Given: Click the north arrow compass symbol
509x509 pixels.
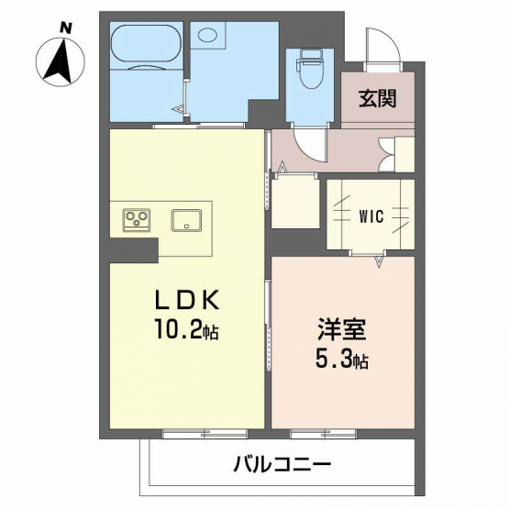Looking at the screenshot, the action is [x=60, y=61].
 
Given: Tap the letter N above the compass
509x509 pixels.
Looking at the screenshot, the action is [x=66, y=28].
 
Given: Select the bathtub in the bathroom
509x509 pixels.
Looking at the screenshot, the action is [x=147, y=46].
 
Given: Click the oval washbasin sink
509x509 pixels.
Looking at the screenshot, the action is [x=208, y=34].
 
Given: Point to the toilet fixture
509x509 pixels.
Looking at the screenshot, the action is [x=309, y=69].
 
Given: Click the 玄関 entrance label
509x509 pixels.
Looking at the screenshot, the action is [x=378, y=98].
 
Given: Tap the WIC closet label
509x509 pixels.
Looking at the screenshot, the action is [x=371, y=216].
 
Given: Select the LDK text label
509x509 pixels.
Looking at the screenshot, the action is [x=188, y=301].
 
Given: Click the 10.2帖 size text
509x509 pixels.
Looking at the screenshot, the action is [x=186, y=328].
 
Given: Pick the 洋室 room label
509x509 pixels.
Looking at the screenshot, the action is [x=342, y=329].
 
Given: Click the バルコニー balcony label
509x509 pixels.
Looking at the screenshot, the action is [x=282, y=465].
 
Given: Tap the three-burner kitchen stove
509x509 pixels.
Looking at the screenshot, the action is [x=137, y=220].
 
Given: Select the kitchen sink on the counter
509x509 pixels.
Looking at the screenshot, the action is [x=186, y=220].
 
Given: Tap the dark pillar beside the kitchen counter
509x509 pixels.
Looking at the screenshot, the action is [x=134, y=250].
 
